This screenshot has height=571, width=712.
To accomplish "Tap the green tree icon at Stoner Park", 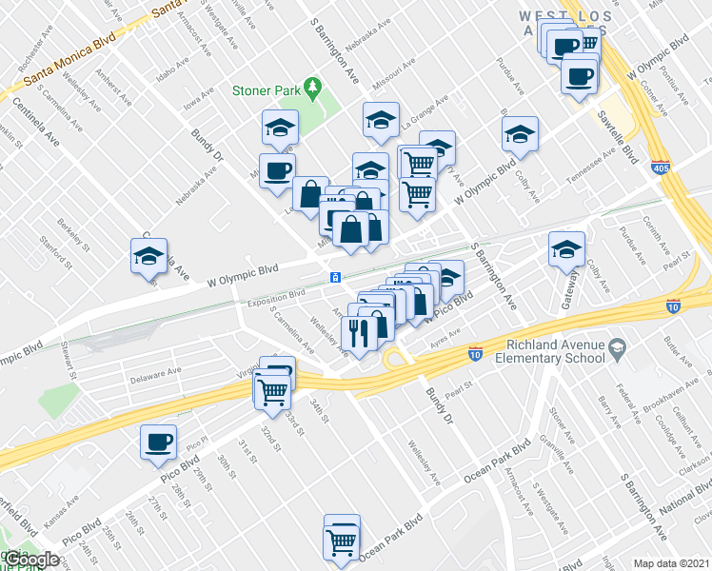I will pos(311,89).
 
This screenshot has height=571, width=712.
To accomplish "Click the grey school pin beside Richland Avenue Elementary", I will pos(620,349).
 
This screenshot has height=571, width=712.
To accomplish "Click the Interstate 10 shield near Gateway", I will pos(673,306).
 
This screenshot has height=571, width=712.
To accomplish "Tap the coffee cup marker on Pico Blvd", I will pos(158,441).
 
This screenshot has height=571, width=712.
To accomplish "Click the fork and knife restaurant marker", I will pos(359,333).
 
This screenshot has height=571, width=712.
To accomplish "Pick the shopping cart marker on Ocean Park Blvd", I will pos(342,541).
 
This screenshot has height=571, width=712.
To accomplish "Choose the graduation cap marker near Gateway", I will pos(566,249).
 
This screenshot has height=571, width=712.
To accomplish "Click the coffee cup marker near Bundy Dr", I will pos(277,170).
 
